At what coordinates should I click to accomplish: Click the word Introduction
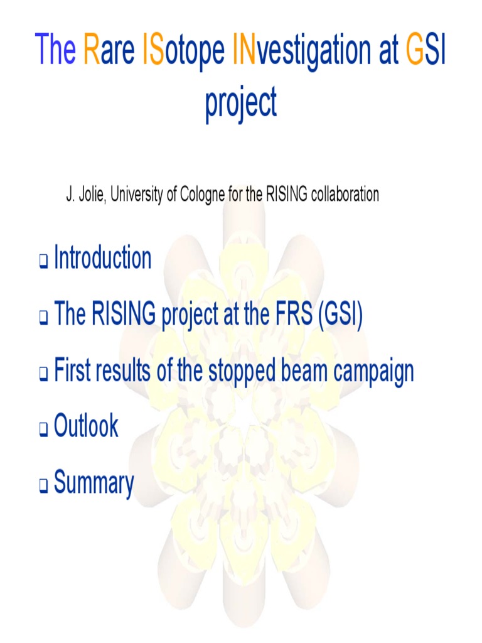pos(102,258)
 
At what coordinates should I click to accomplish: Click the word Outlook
pos(86,426)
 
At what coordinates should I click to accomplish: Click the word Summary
pos(94,484)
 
